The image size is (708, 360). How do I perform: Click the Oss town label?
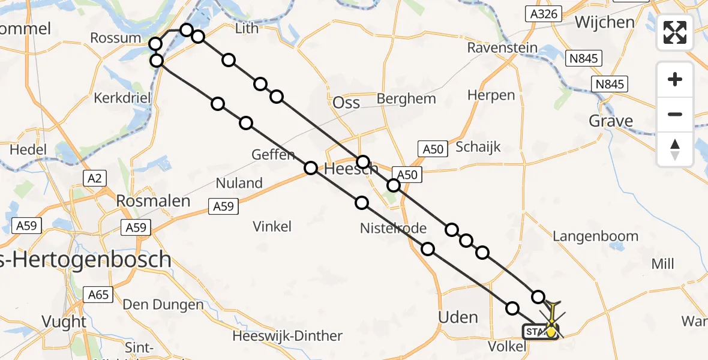point(346,102)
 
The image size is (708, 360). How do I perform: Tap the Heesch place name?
point(351,170)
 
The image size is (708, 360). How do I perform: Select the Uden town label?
point(458,317)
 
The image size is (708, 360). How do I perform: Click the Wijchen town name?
point(604,22)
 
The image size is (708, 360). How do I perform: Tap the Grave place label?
point(611,121)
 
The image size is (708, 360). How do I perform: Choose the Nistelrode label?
point(393,228)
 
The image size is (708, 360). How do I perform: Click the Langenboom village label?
point(595,236)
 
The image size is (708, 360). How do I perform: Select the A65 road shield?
point(98,295)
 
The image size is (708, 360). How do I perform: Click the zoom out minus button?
point(675,114)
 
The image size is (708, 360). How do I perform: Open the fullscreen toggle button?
point(675,32)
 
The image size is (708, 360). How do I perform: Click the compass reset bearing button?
point(675,149)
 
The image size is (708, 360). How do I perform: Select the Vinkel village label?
point(272,226)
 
